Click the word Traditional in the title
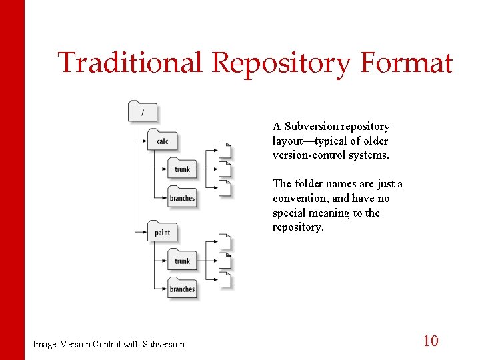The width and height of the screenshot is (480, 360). click(129, 63)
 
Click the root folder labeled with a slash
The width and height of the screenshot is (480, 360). click(142, 111)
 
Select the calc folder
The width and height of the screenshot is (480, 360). click(162, 140)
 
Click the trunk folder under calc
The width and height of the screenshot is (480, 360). click(182, 168)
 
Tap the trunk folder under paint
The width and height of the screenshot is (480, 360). click(182, 260)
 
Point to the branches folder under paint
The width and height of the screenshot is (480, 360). click(182, 288)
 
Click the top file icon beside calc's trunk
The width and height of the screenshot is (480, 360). click(225, 151)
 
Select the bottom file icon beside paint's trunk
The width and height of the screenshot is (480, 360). click(225, 280)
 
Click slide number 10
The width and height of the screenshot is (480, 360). click(431, 341)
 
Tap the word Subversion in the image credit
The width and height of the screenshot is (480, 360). click(163, 344)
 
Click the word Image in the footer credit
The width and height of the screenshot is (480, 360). click(45, 344)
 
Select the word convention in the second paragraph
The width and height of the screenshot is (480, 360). click(301, 198)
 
